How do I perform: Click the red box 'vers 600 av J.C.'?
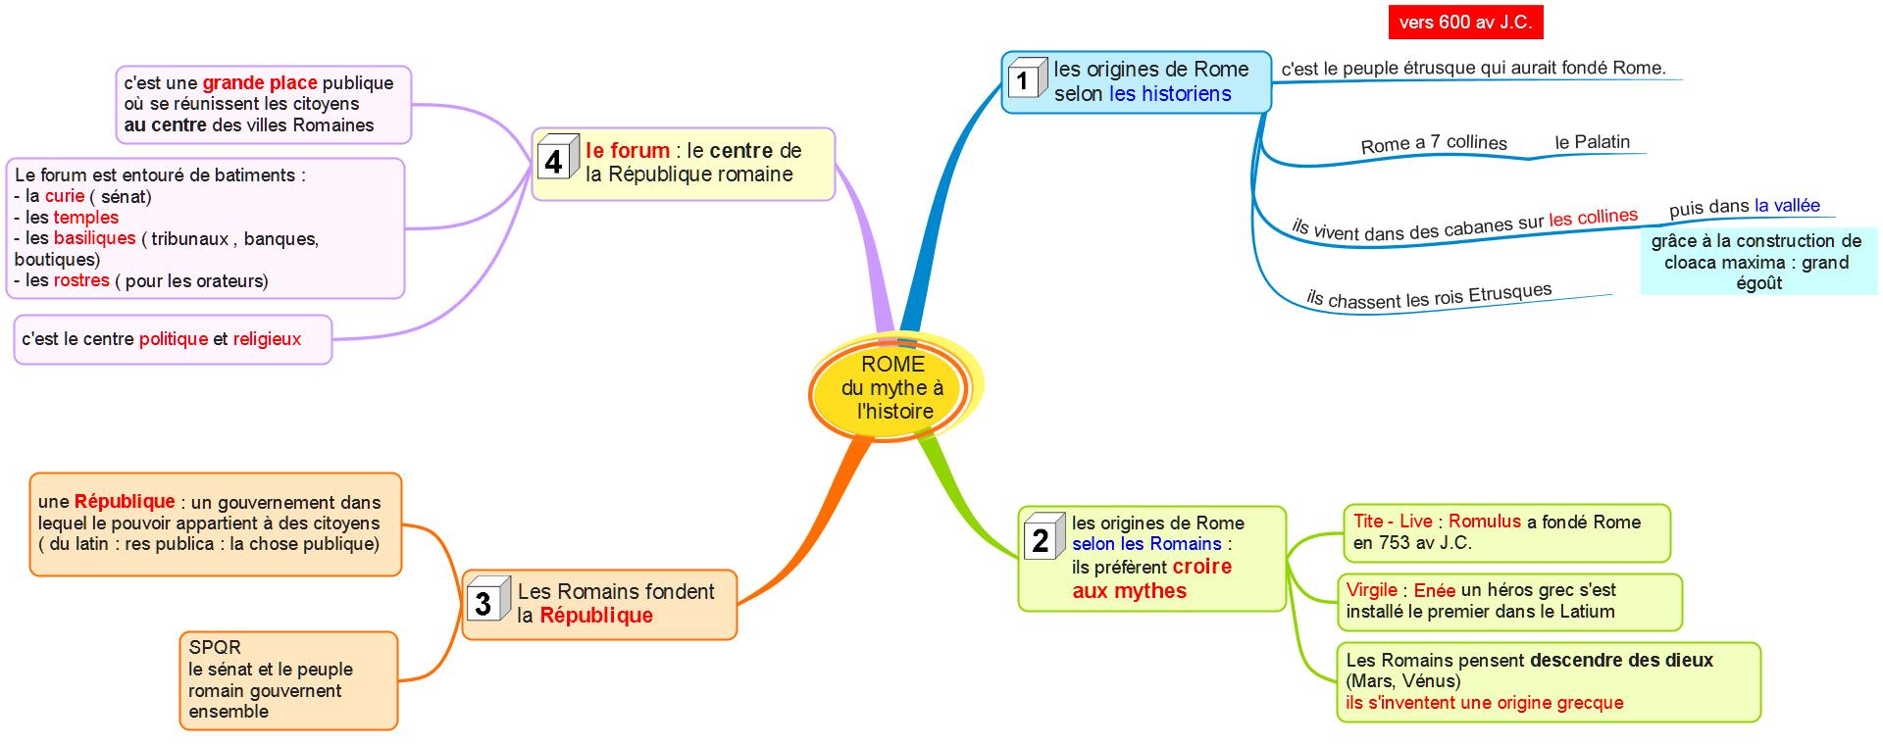[x=1465, y=22]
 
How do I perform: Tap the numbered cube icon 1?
[x=1025, y=77]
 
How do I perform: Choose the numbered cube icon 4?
[x=555, y=158]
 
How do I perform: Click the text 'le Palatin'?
[x=1592, y=142]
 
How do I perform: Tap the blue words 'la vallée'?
[x=1787, y=205]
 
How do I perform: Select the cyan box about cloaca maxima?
[x=1756, y=262]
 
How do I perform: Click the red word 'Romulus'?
[x=1484, y=522]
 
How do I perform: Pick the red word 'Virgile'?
[x=1371, y=589]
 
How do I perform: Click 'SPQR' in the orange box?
[x=215, y=647]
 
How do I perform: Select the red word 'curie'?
[x=65, y=196]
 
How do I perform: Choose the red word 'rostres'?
[x=81, y=280]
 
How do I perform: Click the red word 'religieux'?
[x=267, y=339]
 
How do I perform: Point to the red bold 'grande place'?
[x=259, y=83]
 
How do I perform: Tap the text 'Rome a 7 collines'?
[x=1433, y=143]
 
